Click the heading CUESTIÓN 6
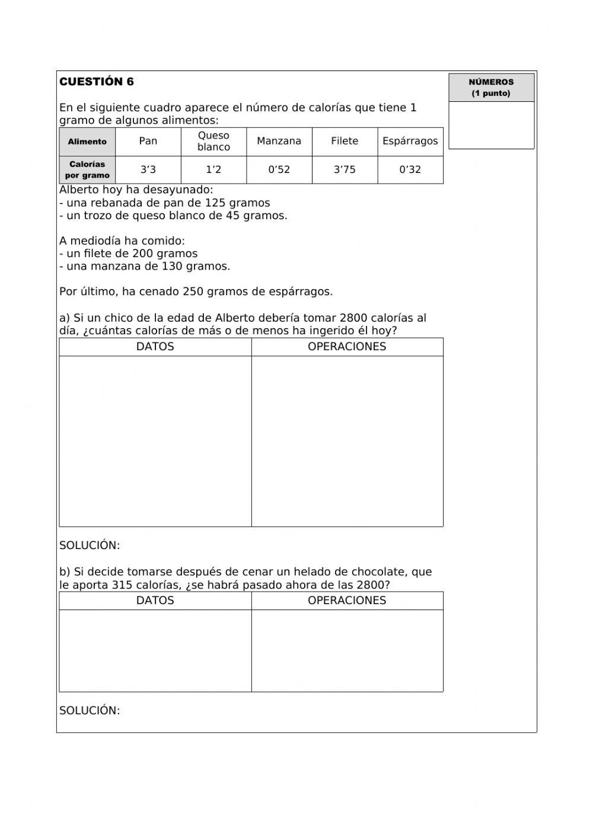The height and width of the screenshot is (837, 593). [x=97, y=82]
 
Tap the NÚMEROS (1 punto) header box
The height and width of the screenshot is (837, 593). [x=491, y=88]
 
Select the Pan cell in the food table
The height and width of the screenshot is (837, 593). [x=148, y=141]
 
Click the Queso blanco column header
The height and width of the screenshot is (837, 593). [x=213, y=141]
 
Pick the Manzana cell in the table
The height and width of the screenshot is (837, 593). [x=279, y=141]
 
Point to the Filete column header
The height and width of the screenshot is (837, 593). [x=345, y=141]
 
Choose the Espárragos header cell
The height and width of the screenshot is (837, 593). [x=410, y=141]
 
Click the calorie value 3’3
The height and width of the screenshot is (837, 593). [x=148, y=169]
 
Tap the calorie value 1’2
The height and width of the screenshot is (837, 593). [x=213, y=169]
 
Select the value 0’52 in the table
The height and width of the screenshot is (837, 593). [x=279, y=169]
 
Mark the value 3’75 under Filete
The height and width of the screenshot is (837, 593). [x=345, y=169]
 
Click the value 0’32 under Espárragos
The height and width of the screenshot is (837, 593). [x=410, y=169]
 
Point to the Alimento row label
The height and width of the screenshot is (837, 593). [x=87, y=142]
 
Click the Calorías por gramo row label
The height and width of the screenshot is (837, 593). [x=87, y=169]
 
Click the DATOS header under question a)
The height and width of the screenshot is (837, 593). [x=155, y=347]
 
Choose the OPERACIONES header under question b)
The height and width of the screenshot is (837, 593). [x=347, y=600]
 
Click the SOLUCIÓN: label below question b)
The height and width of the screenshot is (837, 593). [x=90, y=710]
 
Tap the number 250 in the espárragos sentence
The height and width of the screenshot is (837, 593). [x=193, y=291]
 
